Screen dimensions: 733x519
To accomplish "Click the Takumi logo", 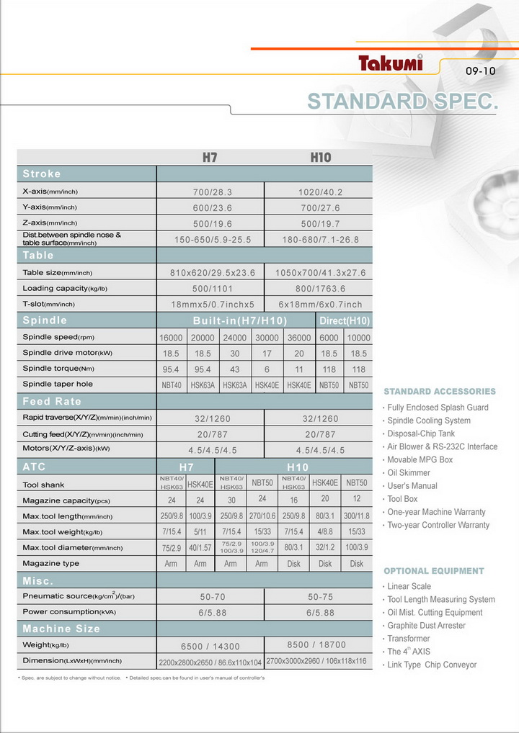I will click(x=391, y=63).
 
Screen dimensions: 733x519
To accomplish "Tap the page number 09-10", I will click(x=481, y=71).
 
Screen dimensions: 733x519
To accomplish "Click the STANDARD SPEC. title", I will click(x=403, y=102).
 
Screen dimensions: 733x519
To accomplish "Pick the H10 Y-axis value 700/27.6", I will click(x=319, y=207).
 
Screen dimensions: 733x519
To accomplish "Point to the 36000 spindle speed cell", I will click(x=299, y=338).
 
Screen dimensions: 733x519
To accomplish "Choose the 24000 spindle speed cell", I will click(x=235, y=338).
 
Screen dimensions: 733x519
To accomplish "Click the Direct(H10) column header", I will click(x=344, y=320).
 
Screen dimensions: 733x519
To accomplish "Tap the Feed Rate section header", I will click(x=52, y=401).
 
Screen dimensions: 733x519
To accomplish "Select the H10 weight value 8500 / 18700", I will click(x=316, y=645).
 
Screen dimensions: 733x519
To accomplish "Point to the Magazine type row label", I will click(x=51, y=564).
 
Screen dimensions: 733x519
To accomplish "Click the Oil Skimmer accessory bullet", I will click(x=409, y=473).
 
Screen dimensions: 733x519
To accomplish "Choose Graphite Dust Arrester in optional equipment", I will click(x=426, y=626).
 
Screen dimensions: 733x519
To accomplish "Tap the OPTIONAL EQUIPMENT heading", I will click(x=434, y=571).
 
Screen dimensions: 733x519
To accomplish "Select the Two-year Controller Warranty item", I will click(x=438, y=525).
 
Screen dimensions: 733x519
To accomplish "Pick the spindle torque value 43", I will click(x=235, y=369).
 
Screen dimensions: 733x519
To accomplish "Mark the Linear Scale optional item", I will click(x=409, y=586).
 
